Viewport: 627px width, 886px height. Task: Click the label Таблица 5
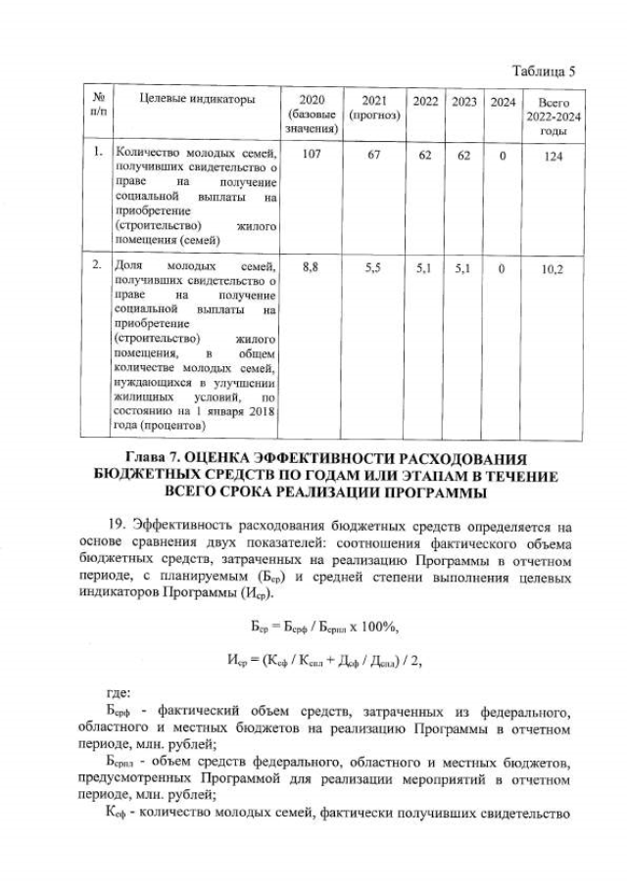542,70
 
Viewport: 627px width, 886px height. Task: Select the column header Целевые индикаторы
197,100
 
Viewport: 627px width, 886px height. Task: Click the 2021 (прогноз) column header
372,108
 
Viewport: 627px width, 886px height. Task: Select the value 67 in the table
372,154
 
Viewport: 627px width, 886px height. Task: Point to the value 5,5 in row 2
372,265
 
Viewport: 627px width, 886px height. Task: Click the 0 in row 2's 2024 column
503,266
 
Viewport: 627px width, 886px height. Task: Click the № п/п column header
97,107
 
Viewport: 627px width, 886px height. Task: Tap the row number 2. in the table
97,265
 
